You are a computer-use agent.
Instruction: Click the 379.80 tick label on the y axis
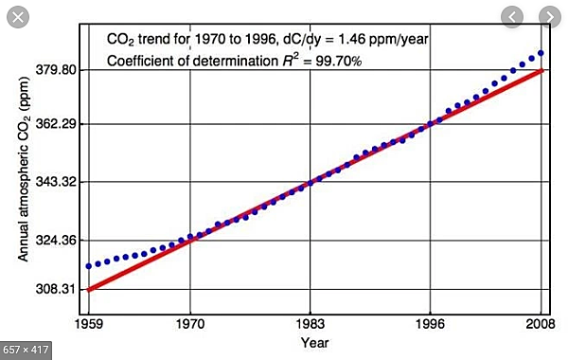(59, 70)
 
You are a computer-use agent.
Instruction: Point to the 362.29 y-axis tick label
(59, 124)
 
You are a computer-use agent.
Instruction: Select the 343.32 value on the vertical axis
(59, 182)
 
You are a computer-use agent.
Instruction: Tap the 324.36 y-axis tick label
(59, 241)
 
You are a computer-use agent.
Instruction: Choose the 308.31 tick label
(59, 289)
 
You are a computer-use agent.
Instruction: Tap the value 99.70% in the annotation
(344, 60)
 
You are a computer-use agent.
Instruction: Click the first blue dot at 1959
(89, 266)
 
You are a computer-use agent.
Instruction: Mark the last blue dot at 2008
(541, 53)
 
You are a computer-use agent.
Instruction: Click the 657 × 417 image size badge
(26, 349)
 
